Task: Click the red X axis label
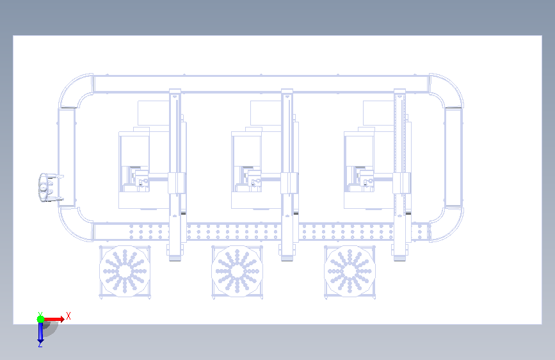coord(68,316)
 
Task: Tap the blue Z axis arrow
coord(40,333)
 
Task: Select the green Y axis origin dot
coord(41,319)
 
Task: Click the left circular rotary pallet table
coord(125,272)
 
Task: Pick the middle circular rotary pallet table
coord(237,272)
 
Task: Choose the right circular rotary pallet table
coord(350,272)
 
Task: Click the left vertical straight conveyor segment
coord(67,158)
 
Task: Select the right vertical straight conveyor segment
coord(454,158)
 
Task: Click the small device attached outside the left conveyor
coord(49,188)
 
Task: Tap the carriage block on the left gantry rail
coord(177,183)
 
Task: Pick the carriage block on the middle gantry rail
coord(289,183)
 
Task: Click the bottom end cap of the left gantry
coord(175,258)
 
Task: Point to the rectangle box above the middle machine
coord(266,113)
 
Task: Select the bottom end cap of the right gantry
coord(399,258)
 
